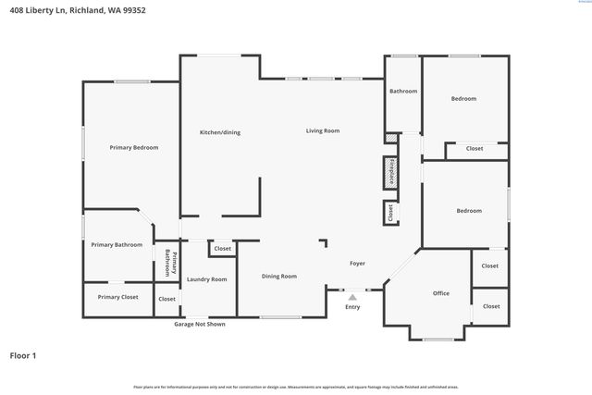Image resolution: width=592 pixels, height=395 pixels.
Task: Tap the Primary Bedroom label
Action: coord(134,148)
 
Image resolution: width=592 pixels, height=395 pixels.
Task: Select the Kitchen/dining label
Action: coord(220,132)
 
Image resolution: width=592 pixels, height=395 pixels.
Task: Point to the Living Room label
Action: coord(323,130)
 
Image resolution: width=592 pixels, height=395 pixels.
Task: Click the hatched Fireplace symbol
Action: coord(390,173)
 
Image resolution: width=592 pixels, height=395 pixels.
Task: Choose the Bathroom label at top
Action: coord(403,91)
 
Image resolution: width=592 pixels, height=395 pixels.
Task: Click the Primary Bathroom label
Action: coord(117,244)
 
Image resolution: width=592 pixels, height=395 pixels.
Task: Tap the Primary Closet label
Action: coord(117,297)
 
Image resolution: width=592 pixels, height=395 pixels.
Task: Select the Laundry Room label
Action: coord(206,278)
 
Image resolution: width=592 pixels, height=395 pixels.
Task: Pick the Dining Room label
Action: coord(278,276)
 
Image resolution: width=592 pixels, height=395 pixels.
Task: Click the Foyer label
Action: coord(357,264)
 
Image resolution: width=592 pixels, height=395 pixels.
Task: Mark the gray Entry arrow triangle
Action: coord(352,297)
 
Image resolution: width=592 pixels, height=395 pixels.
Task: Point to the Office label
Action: coord(441,293)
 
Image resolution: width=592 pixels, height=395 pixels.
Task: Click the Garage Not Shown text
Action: coord(200,324)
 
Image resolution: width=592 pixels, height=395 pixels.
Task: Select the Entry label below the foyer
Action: coord(352,307)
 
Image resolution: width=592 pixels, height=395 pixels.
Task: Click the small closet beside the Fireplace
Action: coord(390,213)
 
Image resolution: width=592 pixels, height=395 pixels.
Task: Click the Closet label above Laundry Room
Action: coord(223,249)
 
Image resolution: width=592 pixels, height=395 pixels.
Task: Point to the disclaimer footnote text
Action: coord(296,387)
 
